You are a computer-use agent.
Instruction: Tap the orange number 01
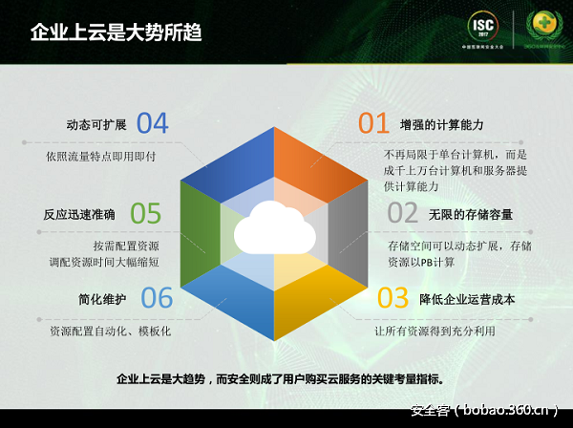point(373,123)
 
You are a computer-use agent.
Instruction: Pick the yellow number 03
point(393,298)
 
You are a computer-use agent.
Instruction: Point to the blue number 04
point(152,123)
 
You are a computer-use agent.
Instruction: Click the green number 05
point(145,212)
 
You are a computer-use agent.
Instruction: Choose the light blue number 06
point(157,298)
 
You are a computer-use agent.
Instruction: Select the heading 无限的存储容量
point(470,213)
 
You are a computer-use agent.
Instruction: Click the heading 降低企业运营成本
point(467,299)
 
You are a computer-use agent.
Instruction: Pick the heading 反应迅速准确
point(79,213)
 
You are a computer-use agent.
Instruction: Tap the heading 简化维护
point(102,299)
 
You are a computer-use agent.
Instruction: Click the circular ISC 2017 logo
point(483,30)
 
